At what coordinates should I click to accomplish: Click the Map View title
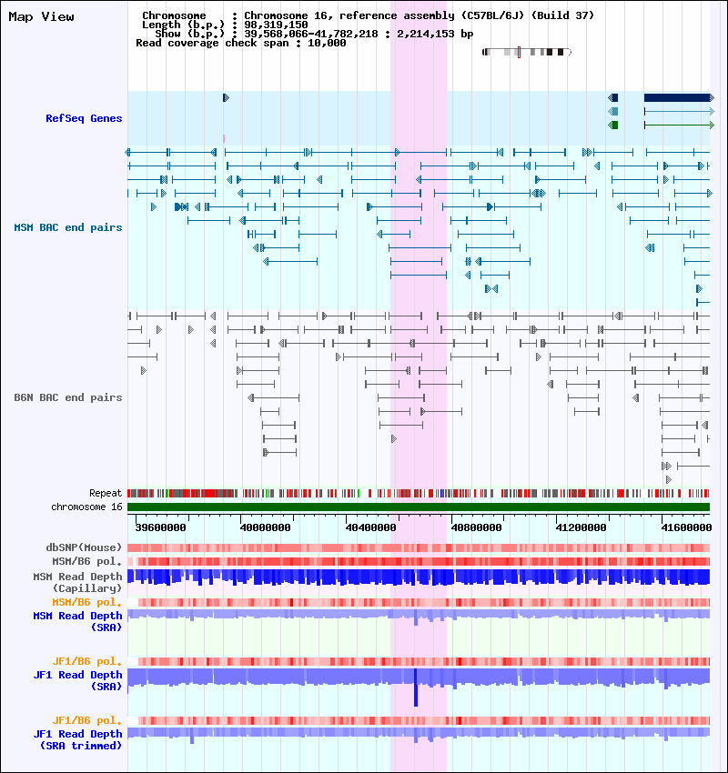click(x=41, y=16)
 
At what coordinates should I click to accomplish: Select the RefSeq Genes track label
click(x=84, y=118)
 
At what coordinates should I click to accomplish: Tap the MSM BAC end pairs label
click(x=68, y=227)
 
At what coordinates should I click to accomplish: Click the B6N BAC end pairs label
click(x=68, y=397)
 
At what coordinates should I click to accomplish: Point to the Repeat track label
click(x=106, y=493)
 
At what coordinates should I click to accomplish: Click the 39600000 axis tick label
click(x=160, y=527)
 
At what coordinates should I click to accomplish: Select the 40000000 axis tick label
click(x=266, y=527)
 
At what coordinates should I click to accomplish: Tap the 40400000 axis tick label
click(x=371, y=527)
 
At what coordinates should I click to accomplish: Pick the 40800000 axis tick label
click(x=476, y=527)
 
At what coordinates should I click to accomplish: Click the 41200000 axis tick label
click(x=581, y=527)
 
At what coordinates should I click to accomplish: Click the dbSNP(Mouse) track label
click(x=84, y=547)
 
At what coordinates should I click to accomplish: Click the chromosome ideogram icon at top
click(x=526, y=53)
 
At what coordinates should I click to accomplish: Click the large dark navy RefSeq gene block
click(x=676, y=97)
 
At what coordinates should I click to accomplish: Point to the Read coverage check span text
click(x=240, y=43)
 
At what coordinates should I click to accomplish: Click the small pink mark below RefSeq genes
click(x=224, y=138)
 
